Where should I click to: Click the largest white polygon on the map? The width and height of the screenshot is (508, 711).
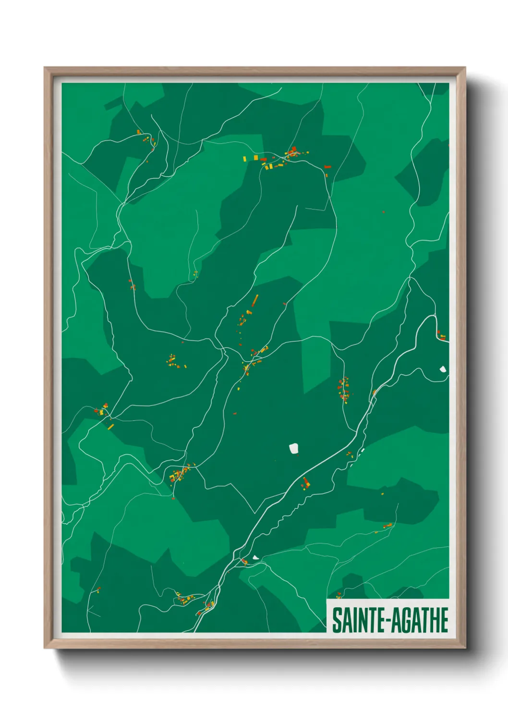point(294,449)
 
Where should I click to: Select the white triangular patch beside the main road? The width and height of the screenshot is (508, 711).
point(255,557)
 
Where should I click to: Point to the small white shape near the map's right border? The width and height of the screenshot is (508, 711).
point(443,369)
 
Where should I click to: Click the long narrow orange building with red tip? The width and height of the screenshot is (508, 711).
point(255,300)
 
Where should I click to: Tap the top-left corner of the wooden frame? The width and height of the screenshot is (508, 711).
point(45,68)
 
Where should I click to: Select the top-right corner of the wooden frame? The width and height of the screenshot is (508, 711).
point(464,68)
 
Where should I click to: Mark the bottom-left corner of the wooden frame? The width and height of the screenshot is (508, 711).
point(45,647)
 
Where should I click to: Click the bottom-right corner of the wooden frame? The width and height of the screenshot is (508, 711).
point(464,647)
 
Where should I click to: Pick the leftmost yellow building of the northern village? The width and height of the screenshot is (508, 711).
point(244,158)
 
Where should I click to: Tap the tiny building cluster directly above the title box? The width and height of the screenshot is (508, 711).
point(339,596)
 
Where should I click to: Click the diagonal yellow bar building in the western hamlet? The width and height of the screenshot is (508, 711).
point(111,426)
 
